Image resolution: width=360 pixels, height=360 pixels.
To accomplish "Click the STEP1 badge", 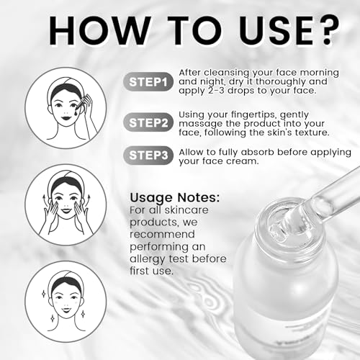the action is tap(148, 82).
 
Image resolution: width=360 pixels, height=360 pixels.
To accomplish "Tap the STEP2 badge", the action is tap(148, 122).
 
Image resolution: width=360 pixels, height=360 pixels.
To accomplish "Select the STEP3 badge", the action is tap(148, 155).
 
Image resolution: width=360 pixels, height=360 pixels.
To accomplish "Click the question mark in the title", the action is tap(328, 30).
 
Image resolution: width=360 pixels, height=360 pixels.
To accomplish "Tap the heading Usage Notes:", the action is tap(174, 198).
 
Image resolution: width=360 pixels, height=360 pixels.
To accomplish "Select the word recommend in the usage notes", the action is tap(162, 234).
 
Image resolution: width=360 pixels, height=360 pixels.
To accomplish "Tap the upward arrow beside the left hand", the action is tap(44, 200).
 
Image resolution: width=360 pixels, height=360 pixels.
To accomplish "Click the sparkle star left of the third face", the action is tap(43, 294).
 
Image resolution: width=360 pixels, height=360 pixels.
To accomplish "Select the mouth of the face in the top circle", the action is tap(66, 118).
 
